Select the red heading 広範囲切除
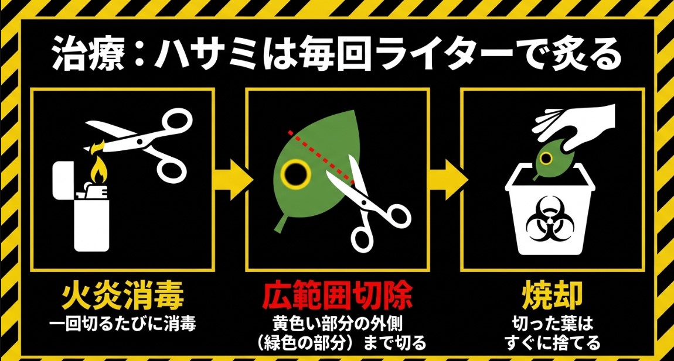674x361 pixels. pyautogui.click(x=338, y=297)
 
